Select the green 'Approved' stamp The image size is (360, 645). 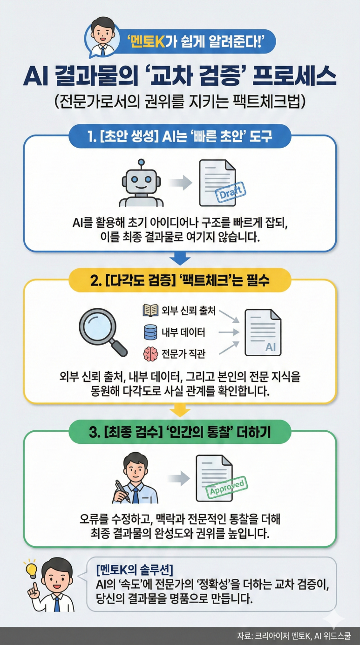pos(227,486)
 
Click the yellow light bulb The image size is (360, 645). pos(31,569)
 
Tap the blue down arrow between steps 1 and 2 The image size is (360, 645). pos(180,258)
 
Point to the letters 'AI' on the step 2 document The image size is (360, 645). pos(271,347)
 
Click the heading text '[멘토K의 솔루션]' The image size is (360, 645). pos(134,569)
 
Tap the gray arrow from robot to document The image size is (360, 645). pos(180,183)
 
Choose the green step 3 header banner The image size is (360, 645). pos(180,433)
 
